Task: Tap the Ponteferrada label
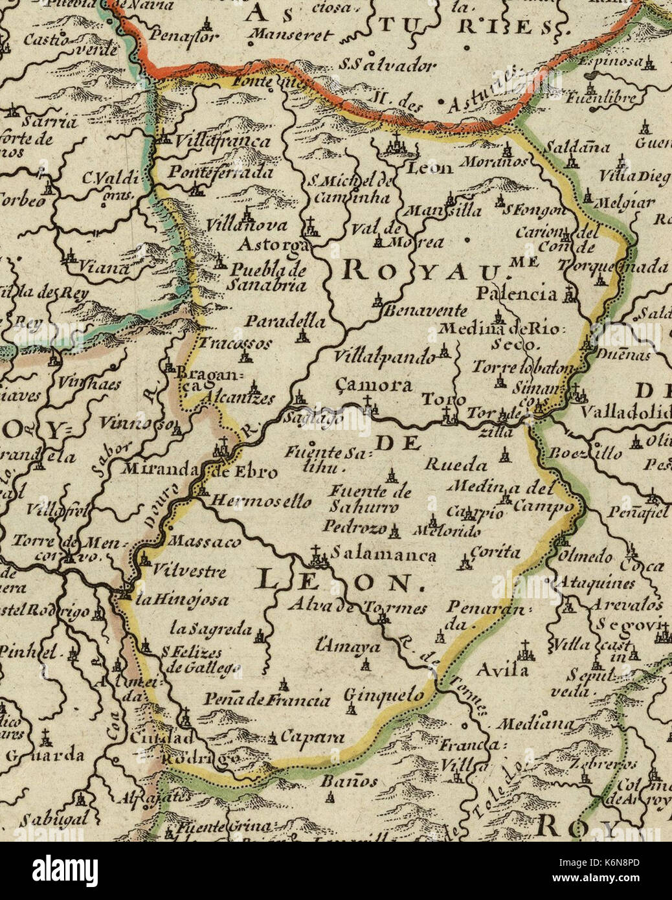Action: click(x=221, y=173)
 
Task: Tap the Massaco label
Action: click(x=204, y=542)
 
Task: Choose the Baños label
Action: click(x=350, y=782)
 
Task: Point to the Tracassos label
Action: click(x=235, y=343)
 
